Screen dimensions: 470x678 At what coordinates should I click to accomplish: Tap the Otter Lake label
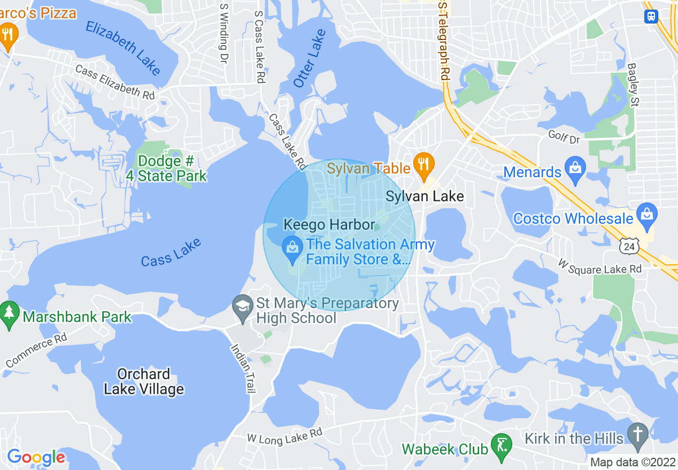[x=310, y=58]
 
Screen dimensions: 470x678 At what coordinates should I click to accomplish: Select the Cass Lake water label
[x=171, y=253]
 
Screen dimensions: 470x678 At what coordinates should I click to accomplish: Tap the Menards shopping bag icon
[x=575, y=169]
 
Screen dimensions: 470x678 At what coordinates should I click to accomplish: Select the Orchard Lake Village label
[x=144, y=381]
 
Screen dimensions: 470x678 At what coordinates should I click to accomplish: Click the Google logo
[x=36, y=457]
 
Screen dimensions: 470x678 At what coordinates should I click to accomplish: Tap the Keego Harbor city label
[x=329, y=224]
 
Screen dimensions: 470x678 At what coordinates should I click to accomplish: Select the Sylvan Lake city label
[x=425, y=197]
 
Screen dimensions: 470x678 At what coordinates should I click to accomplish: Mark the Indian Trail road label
[x=243, y=368]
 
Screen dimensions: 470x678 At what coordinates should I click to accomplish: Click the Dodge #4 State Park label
[x=166, y=168]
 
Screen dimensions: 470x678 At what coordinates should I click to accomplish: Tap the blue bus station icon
[x=651, y=16]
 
